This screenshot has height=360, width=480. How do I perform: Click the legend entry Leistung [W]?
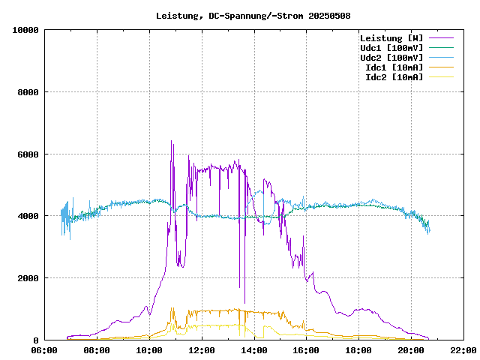click(x=391, y=38)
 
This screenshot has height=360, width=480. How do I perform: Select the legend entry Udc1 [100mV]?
click(x=391, y=48)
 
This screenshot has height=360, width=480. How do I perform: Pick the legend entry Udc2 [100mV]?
click(x=391, y=58)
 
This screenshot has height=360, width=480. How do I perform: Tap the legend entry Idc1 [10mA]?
click(x=394, y=67)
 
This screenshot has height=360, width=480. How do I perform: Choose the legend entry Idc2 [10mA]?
click(x=394, y=77)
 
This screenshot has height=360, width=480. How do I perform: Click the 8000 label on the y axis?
click(x=27, y=92)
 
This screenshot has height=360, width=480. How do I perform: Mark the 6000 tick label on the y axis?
click(x=27, y=154)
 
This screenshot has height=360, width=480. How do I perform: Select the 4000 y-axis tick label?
click(x=27, y=216)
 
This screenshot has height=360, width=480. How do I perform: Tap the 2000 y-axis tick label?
click(x=27, y=278)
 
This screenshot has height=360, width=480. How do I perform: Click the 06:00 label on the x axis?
click(x=45, y=350)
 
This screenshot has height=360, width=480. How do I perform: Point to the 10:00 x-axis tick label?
click(x=149, y=350)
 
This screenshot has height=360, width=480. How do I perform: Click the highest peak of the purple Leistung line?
click(x=171, y=141)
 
